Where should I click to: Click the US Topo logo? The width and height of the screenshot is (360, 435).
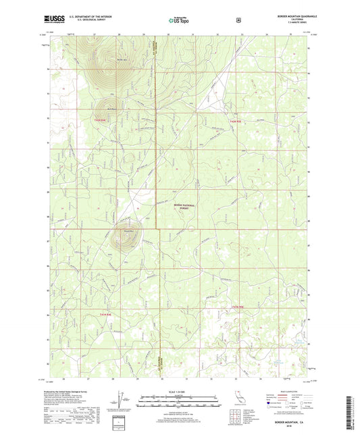tap(178, 21)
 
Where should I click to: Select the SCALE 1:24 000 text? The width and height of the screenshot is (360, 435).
tap(178, 392)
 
